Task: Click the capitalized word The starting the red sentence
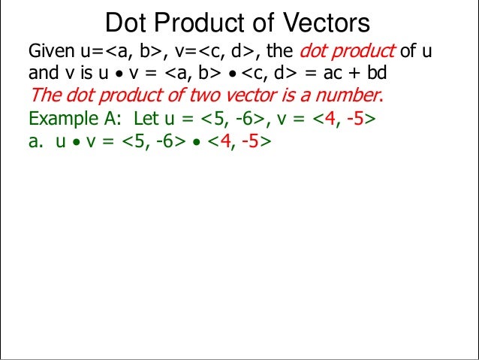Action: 42,96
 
